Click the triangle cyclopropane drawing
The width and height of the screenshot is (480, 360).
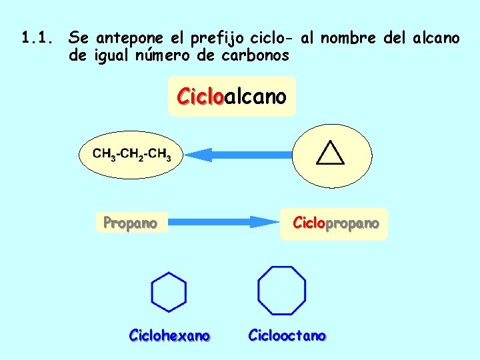[330, 153]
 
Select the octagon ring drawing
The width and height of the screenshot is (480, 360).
[282, 291]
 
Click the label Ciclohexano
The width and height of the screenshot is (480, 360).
[169, 335]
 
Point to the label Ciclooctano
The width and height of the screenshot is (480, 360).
[287, 335]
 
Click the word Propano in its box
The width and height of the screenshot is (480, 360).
[130, 223]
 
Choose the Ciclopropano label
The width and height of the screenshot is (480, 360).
[336, 223]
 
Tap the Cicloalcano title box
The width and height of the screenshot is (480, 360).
[231, 97]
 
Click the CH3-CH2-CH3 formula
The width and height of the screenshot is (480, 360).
[132, 155]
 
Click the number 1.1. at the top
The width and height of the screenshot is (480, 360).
[37, 38]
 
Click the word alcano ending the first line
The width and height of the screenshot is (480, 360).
[436, 38]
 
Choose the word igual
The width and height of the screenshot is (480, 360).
[112, 56]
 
